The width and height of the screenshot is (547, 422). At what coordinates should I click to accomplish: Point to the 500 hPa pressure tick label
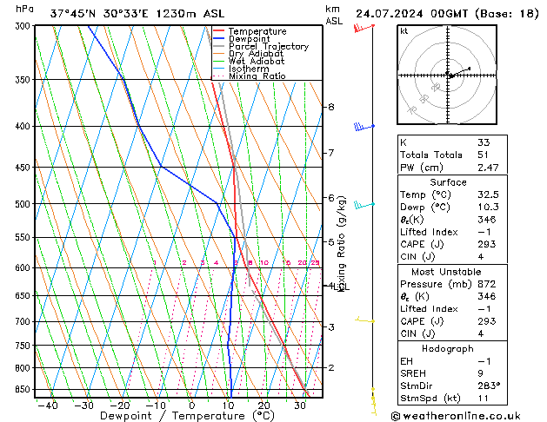[x=23, y=204]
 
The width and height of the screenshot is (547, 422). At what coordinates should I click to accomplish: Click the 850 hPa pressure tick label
[x=23, y=390]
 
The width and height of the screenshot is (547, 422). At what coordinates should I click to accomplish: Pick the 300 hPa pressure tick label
[x=23, y=26]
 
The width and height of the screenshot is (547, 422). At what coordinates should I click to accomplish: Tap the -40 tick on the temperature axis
[x=48, y=406]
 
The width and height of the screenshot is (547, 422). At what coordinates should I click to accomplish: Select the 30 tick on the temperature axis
[x=299, y=406]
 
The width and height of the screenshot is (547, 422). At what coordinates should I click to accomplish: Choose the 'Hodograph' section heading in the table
[x=448, y=348]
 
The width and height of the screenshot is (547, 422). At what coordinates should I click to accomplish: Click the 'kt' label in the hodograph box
[x=404, y=31]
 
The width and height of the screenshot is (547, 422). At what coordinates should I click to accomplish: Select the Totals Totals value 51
[x=484, y=155]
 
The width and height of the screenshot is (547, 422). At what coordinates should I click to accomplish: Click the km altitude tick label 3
[x=331, y=326]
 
